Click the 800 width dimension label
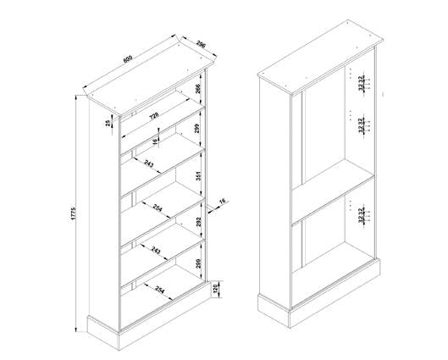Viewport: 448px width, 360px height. click(128, 59)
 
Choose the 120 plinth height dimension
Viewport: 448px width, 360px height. click(214, 291)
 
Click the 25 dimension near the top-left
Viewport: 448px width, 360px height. click(108, 124)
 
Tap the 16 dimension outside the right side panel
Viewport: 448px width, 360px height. click(222, 201)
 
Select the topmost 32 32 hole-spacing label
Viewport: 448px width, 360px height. click(362, 82)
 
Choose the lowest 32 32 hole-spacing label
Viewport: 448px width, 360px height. click(362, 214)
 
